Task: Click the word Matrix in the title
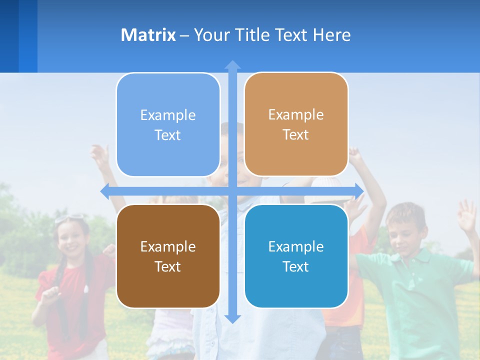click(x=148, y=35)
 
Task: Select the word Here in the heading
click(x=332, y=35)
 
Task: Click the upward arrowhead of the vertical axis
click(x=232, y=65)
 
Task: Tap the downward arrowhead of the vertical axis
click(x=232, y=318)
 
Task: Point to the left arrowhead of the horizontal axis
click(x=105, y=190)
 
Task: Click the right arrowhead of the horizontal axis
click(x=359, y=190)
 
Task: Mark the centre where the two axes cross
click(x=232, y=190)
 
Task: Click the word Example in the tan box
click(x=296, y=114)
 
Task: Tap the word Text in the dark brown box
click(x=167, y=266)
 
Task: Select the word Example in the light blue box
click(x=168, y=115)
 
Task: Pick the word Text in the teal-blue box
click(x=295, y=266)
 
